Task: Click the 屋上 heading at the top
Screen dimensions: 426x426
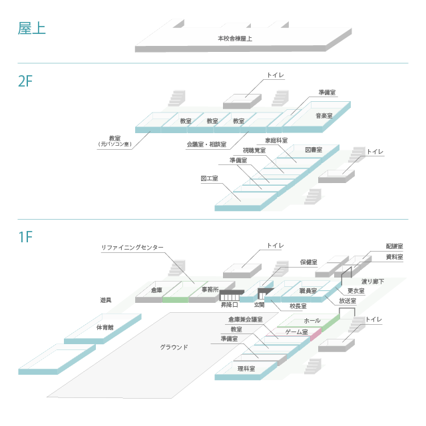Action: [31, 29]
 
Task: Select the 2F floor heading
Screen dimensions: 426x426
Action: [25, 82]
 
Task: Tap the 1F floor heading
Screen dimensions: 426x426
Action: [25, 236]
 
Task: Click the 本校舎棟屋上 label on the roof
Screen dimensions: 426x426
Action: [235, 39]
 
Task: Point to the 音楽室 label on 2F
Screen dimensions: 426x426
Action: [324, 116]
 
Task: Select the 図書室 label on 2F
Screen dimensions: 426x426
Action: [314, 150]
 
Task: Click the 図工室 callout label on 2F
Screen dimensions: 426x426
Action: [210, 179]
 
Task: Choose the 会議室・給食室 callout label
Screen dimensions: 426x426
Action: [206, 144]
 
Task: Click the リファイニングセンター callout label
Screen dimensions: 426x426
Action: [132, 247]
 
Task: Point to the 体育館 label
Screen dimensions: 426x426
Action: [105, 327]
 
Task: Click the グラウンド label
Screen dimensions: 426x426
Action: [174, 347]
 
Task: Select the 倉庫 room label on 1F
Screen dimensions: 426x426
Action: [156, 290]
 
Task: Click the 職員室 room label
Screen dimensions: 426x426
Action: [308, 291]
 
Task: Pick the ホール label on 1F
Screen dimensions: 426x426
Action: [312, 321]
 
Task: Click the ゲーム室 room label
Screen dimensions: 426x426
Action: [296, 331]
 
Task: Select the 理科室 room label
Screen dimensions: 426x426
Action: [246, 367]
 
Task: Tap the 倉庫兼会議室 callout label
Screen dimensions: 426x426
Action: [245, 319]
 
